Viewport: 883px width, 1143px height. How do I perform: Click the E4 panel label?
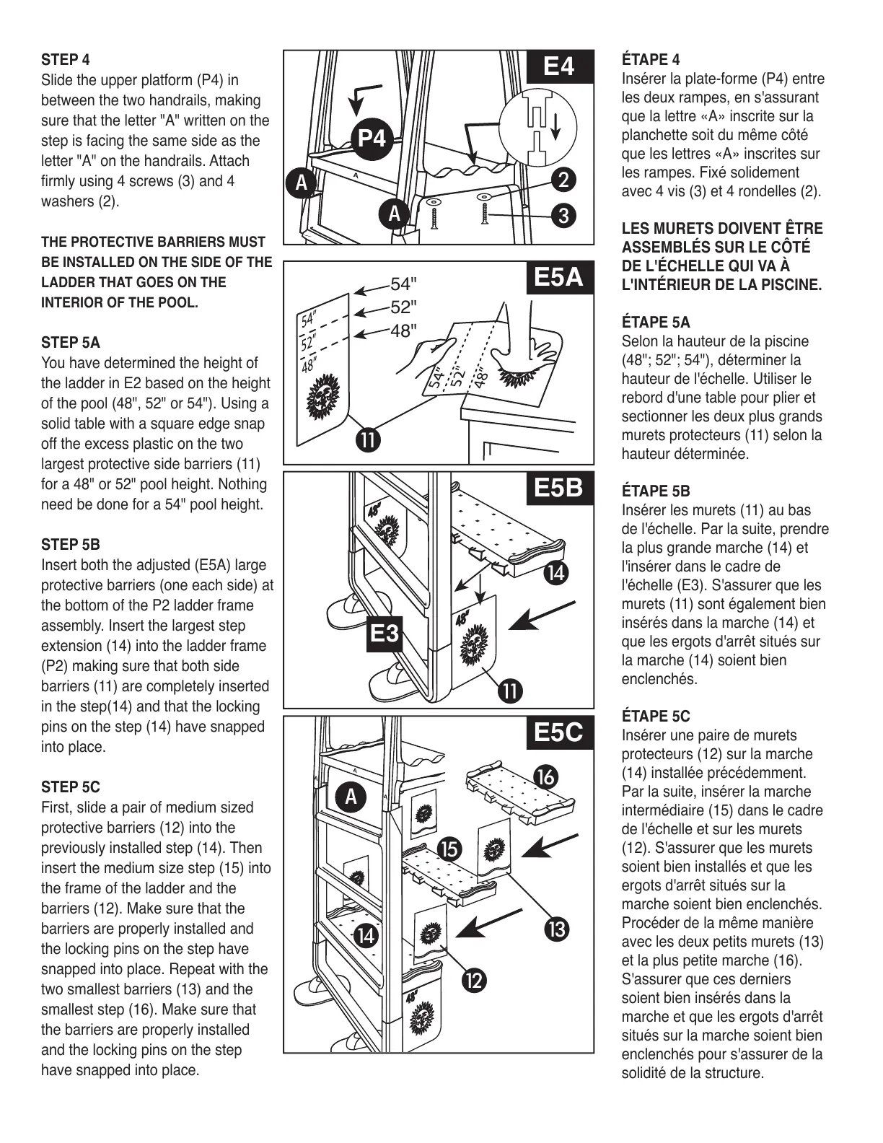[559, 66]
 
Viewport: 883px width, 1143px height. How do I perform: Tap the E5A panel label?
[559, 277]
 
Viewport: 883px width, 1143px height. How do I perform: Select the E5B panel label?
[559, 488]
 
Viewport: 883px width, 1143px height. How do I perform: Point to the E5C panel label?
[559, 732]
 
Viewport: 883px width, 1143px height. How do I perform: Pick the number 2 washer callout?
[563, 179]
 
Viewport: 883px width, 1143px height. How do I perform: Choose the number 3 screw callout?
[563, 215]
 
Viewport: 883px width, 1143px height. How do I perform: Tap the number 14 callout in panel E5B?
[556, 574]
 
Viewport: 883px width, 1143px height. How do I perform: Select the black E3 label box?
[384, 634]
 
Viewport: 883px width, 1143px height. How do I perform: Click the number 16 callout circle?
[546, 776]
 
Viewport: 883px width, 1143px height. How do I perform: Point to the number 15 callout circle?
[449, 850]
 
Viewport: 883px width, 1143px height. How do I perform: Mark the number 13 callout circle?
[558, 929]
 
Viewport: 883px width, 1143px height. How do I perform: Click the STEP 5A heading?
[71, 343]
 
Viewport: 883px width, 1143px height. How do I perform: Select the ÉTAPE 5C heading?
[656, 717]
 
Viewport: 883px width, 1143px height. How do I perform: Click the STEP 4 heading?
[66, 60]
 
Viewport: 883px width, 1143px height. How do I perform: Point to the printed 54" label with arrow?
[403, 284]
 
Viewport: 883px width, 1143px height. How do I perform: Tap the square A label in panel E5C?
[351, 798]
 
